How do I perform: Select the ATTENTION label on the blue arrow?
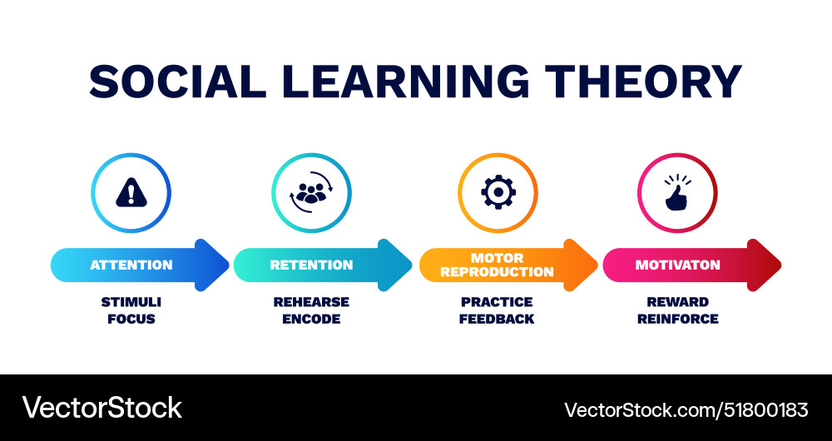point(131,265)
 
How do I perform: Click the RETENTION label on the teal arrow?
point(311,265)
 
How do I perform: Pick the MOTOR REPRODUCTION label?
point(497,265)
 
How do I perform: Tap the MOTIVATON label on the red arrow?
point(677,265)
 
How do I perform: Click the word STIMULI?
point(131,302)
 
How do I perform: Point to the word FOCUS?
point(131,319)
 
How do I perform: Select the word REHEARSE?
point(311,302)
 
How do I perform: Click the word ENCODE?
point(311,319)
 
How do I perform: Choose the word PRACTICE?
point(497,302)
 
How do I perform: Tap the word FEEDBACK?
point(497,319)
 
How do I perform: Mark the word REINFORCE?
point(677,319)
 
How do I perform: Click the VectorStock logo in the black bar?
point(102,408)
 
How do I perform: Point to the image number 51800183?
point(766,409)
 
